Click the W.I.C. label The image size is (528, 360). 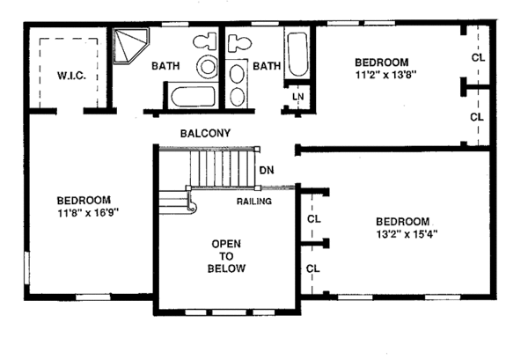[71, 76]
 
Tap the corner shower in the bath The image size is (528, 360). [130, 46]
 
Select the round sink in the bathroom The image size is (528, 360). [207, 66]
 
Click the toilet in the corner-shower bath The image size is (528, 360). [205, 41]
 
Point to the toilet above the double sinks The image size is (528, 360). [239, 43]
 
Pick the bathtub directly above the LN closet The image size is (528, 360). [297, 55]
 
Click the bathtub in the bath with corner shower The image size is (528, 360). [194, 96]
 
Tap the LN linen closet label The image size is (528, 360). [298, 97]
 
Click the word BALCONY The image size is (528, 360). [205, 134]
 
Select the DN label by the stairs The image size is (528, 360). [267, 170]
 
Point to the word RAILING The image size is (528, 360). [254, 202]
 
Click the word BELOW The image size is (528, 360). [226, 268]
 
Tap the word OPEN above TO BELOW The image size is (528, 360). [226, 244]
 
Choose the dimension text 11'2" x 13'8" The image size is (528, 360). [386, 75]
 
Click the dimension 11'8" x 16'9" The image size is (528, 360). [89, 213]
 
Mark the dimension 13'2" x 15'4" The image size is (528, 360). [407, 234]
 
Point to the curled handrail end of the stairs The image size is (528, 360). [191, 205]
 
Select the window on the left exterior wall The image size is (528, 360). [27, 268]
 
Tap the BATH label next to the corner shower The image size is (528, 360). [165, 66]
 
